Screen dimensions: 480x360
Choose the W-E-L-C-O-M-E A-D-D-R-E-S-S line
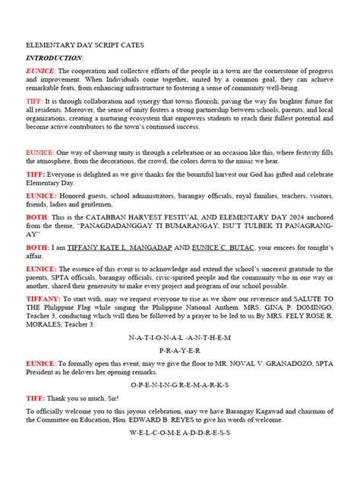coord(179,432)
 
